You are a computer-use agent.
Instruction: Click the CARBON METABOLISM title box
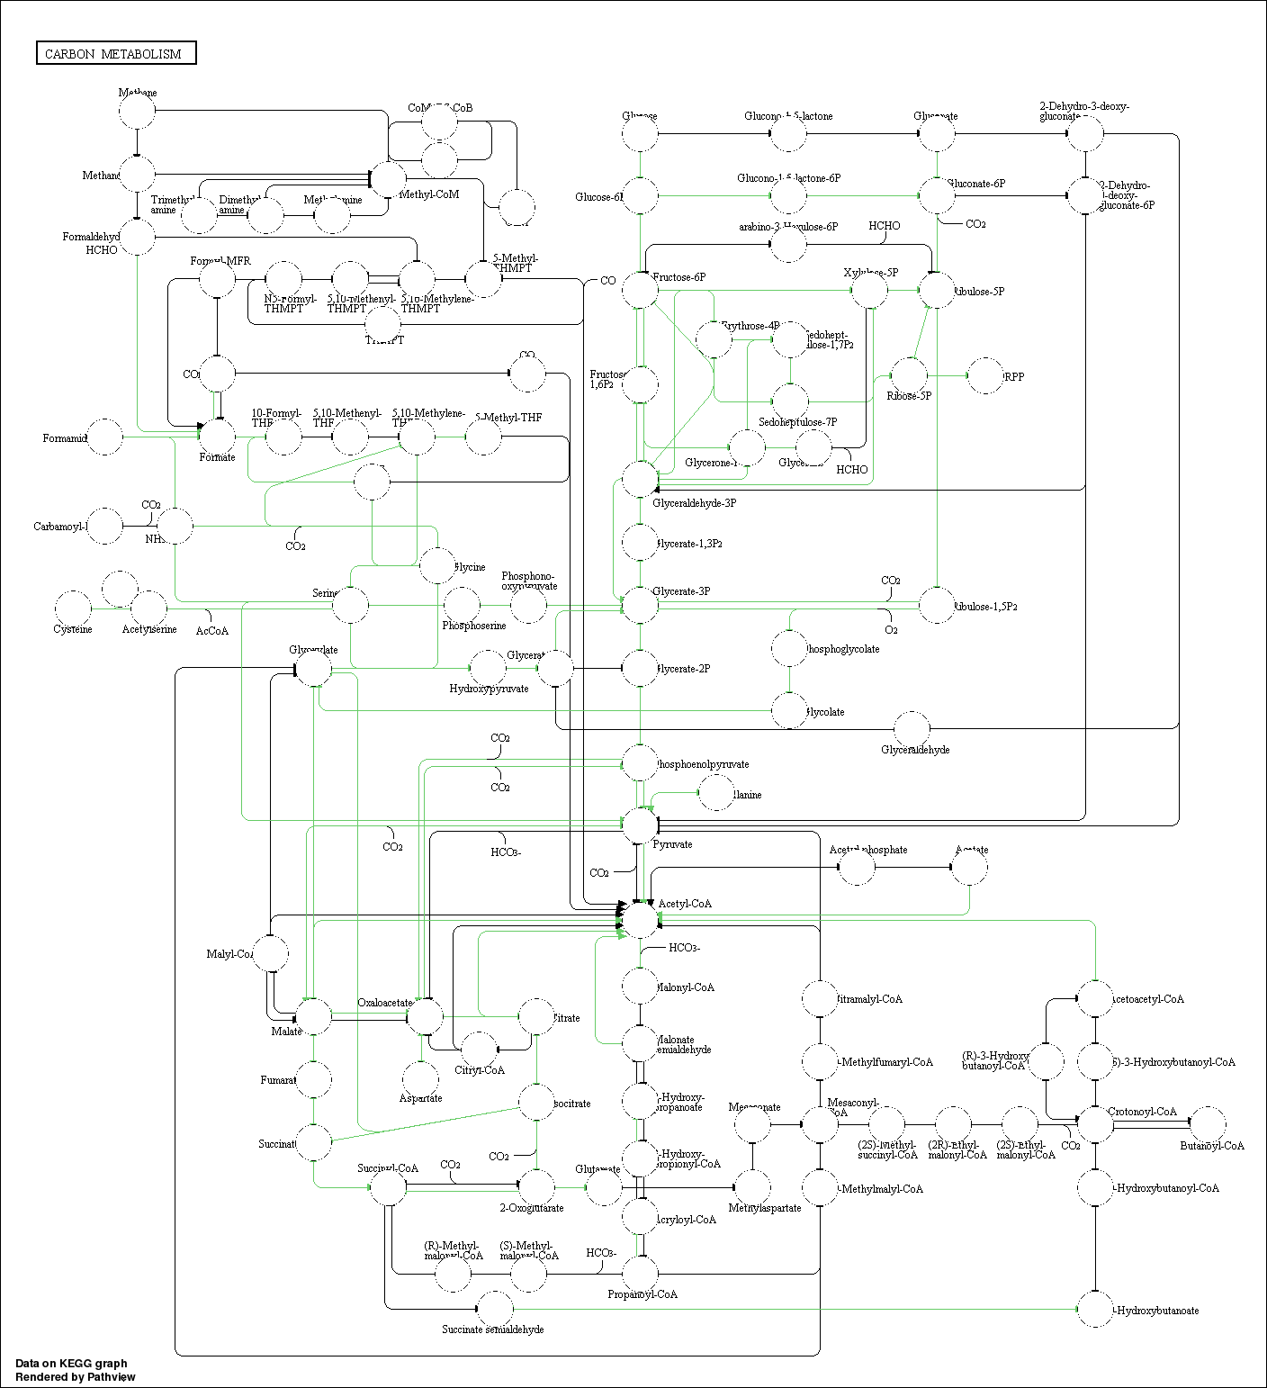116,53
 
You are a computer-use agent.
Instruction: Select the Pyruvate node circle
641,825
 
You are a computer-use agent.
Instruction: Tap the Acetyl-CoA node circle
641,919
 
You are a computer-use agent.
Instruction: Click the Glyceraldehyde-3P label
694,503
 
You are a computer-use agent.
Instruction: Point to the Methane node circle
137,112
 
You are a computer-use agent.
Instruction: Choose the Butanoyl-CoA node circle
1208,1123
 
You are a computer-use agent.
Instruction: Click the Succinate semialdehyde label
492,1329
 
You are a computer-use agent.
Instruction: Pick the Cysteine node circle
73,608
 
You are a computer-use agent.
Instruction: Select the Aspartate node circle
421,1078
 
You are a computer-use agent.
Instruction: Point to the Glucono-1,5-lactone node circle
788,134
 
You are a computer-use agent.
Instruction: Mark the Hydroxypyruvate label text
489,689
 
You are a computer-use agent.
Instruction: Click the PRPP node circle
984,375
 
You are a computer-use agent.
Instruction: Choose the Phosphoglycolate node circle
789,648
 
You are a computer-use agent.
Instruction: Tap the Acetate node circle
969,868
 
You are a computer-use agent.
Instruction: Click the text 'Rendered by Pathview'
75,1376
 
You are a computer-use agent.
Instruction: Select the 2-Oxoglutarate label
532,1208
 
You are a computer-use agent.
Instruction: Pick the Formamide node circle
105,437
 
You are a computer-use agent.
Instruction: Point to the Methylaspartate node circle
752,1187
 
